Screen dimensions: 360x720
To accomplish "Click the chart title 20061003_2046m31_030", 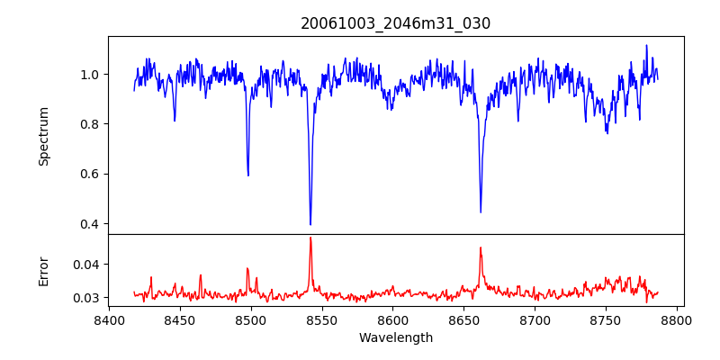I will [395, 23].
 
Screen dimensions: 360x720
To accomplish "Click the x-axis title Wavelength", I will [395, 338].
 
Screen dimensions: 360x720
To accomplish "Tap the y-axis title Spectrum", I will [43, 136].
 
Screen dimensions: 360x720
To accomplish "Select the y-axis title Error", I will [43, 271].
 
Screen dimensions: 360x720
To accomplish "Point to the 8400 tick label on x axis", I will [109, 319].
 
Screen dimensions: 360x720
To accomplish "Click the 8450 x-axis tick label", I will [180, 319].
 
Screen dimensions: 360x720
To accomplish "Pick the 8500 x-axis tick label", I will [251, 319].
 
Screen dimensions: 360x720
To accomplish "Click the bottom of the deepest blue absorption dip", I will [310, 224].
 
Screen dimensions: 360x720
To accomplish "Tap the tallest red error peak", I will [310, 238].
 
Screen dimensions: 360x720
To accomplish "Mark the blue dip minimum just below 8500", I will [248, 175].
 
